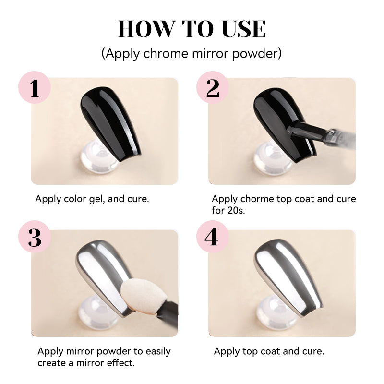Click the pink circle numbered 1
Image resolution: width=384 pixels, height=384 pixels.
click(35, 87)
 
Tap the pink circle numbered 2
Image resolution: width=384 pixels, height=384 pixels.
click(213, 87)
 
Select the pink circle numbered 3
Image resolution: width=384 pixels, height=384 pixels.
click(35, 237)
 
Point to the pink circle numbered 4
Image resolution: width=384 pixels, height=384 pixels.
click(213, 237)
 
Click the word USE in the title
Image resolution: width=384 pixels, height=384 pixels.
click(244, 29)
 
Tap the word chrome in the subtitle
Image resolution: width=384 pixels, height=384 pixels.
click(166, 53)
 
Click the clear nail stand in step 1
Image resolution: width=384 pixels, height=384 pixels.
click(99, 157)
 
